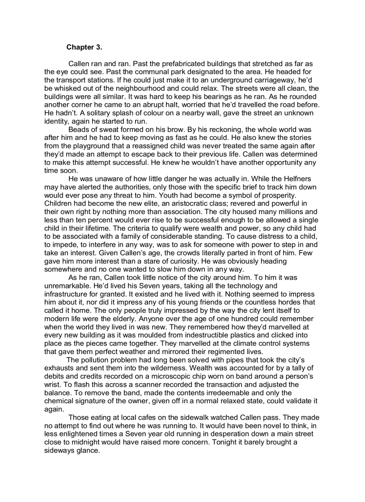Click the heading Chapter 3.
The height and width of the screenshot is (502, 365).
[84, 47]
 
